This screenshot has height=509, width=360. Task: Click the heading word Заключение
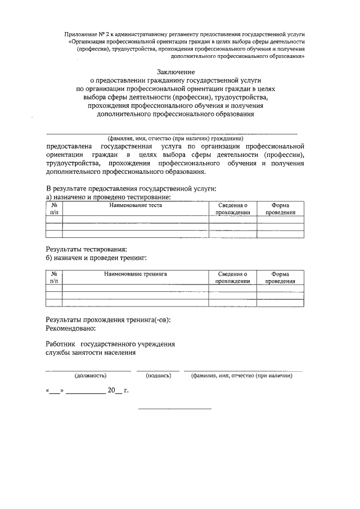pos(176,72)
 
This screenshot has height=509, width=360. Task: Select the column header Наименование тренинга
pos(136,274)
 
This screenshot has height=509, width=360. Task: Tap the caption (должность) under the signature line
pos(90,375)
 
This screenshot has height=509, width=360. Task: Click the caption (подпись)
pos(158,375)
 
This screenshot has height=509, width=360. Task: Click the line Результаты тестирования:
pos(85,249)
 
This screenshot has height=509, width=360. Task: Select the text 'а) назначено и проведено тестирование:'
pos(108,198)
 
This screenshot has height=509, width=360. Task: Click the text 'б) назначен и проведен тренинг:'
pos(96,258)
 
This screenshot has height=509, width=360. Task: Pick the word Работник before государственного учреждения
pos(60,344)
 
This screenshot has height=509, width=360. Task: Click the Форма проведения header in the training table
pos(280,277)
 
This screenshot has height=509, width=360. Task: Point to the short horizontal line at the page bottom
pos(175,408)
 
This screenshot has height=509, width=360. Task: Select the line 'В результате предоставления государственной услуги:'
pos(130,190)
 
